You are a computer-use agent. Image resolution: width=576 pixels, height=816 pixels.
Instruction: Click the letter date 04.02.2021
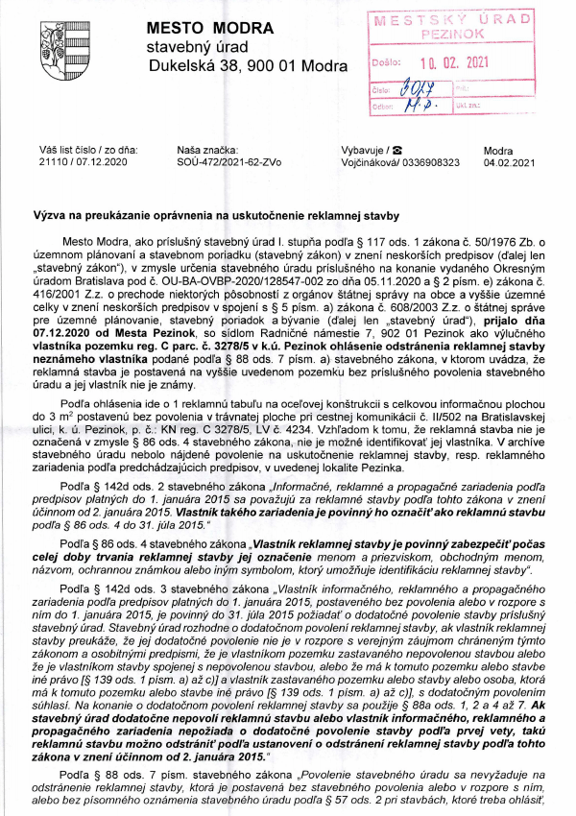click(x=510, y=163)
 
